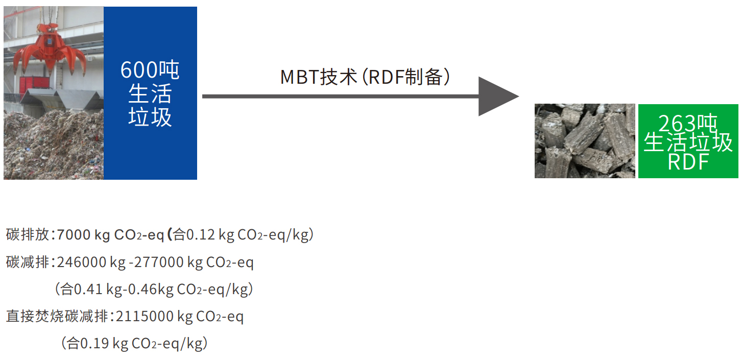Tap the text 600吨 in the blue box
coord(150,70)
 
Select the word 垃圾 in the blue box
coord(150,117)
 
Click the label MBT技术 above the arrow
coord(318,77)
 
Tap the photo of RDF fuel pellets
coord(584,141)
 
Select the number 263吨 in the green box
coord(687,124)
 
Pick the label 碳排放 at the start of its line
coord(28,235)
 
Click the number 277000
coord(159,262)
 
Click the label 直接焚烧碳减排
coord(57,317)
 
